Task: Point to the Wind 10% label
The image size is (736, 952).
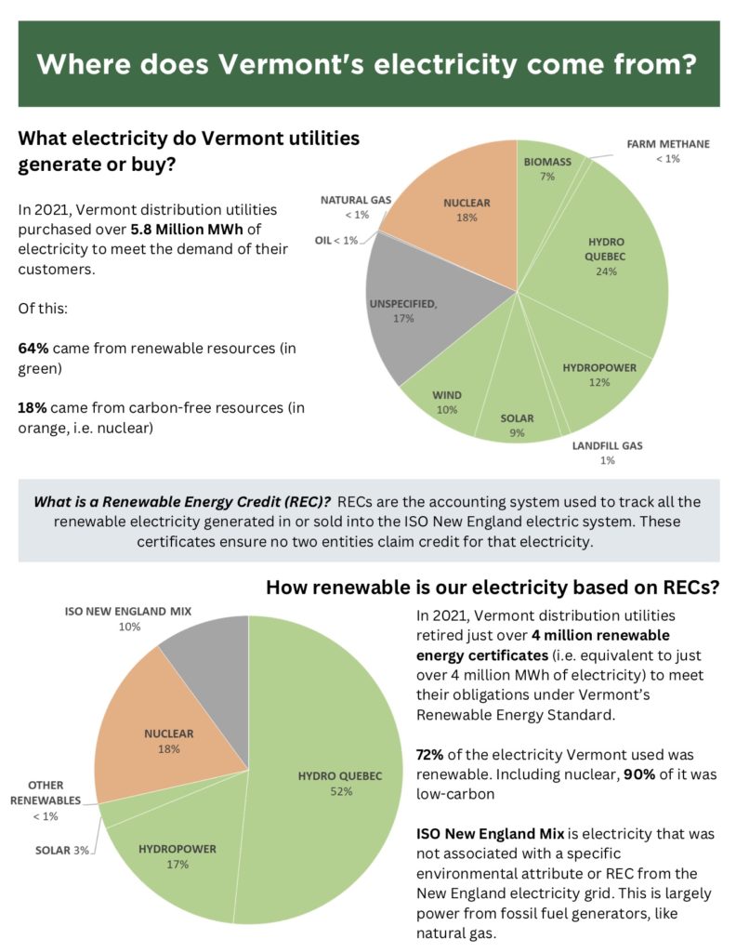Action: (x=446, y=402)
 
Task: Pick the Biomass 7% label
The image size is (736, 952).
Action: (x=547, y=168)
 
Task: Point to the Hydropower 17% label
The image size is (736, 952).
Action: (x=177, y=855)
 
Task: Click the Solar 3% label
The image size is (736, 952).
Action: (x=62, y=850)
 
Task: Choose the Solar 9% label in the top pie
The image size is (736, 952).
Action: (x=517, y=425)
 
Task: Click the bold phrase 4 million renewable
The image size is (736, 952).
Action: (x=589, y=635)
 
